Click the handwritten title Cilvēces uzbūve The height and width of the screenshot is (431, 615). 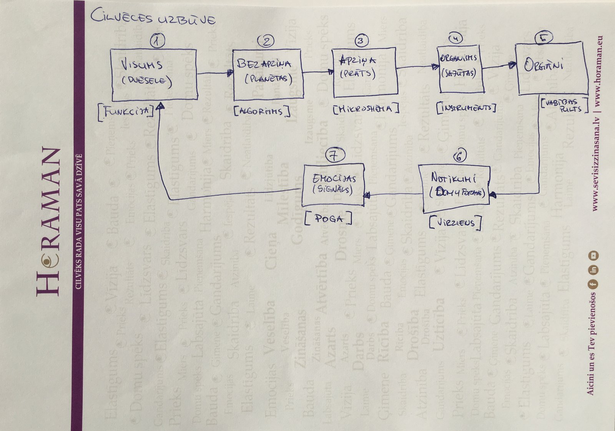[x=153, y=18]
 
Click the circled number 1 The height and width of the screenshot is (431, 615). [x=157, y=40]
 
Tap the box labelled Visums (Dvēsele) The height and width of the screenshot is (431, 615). [x=154, y=75]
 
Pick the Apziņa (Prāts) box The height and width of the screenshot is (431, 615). [x=364, y=72]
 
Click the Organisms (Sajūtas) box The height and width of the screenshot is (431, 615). [x=460, y=69]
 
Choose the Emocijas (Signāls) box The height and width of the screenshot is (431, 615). [x=333, y=184]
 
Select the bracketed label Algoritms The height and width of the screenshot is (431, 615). [x=262, y=111]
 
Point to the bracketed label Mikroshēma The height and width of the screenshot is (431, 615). [x=366, y=109]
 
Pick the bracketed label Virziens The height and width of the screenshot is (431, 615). [x=455, y=222]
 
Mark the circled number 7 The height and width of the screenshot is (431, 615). [x=335, y=155]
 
